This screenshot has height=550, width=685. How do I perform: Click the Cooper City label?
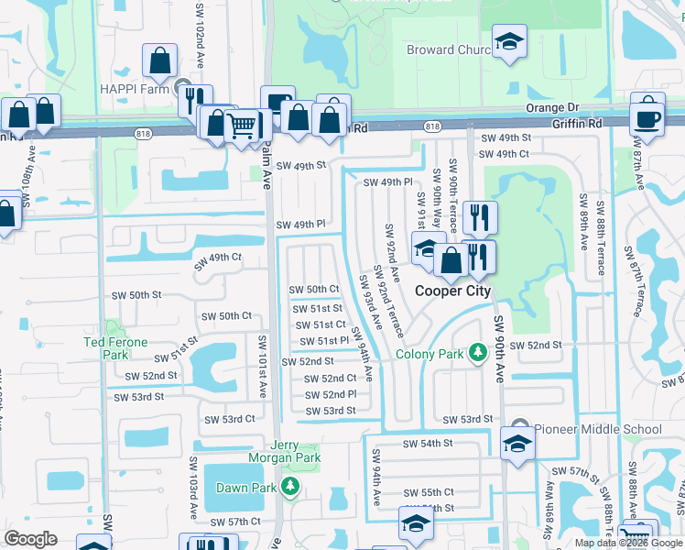pyautogui.click(x=453, y=291)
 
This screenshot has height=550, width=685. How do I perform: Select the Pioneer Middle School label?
pyautogui.click(x=597, y=429)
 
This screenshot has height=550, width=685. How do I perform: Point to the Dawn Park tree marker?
pyautogui.click(x=290, y=485)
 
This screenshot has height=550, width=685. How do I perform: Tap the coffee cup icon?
pyautogui.click(x=647, y=117)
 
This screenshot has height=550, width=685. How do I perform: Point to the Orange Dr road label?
pyautogui.click(x=553, y=108)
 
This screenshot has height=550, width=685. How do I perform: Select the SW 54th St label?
pyautogui.click(x=429, y=444)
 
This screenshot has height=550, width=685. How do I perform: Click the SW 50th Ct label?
pyautogui.click(x=314, y=290)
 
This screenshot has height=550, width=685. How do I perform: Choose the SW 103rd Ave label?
pyautogui.click(x=194, y=485)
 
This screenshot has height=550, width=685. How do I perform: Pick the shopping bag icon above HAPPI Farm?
pyautogui.click(x=160, y=60)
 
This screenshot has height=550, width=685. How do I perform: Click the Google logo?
pyautogui.click(x=31, y=538)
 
